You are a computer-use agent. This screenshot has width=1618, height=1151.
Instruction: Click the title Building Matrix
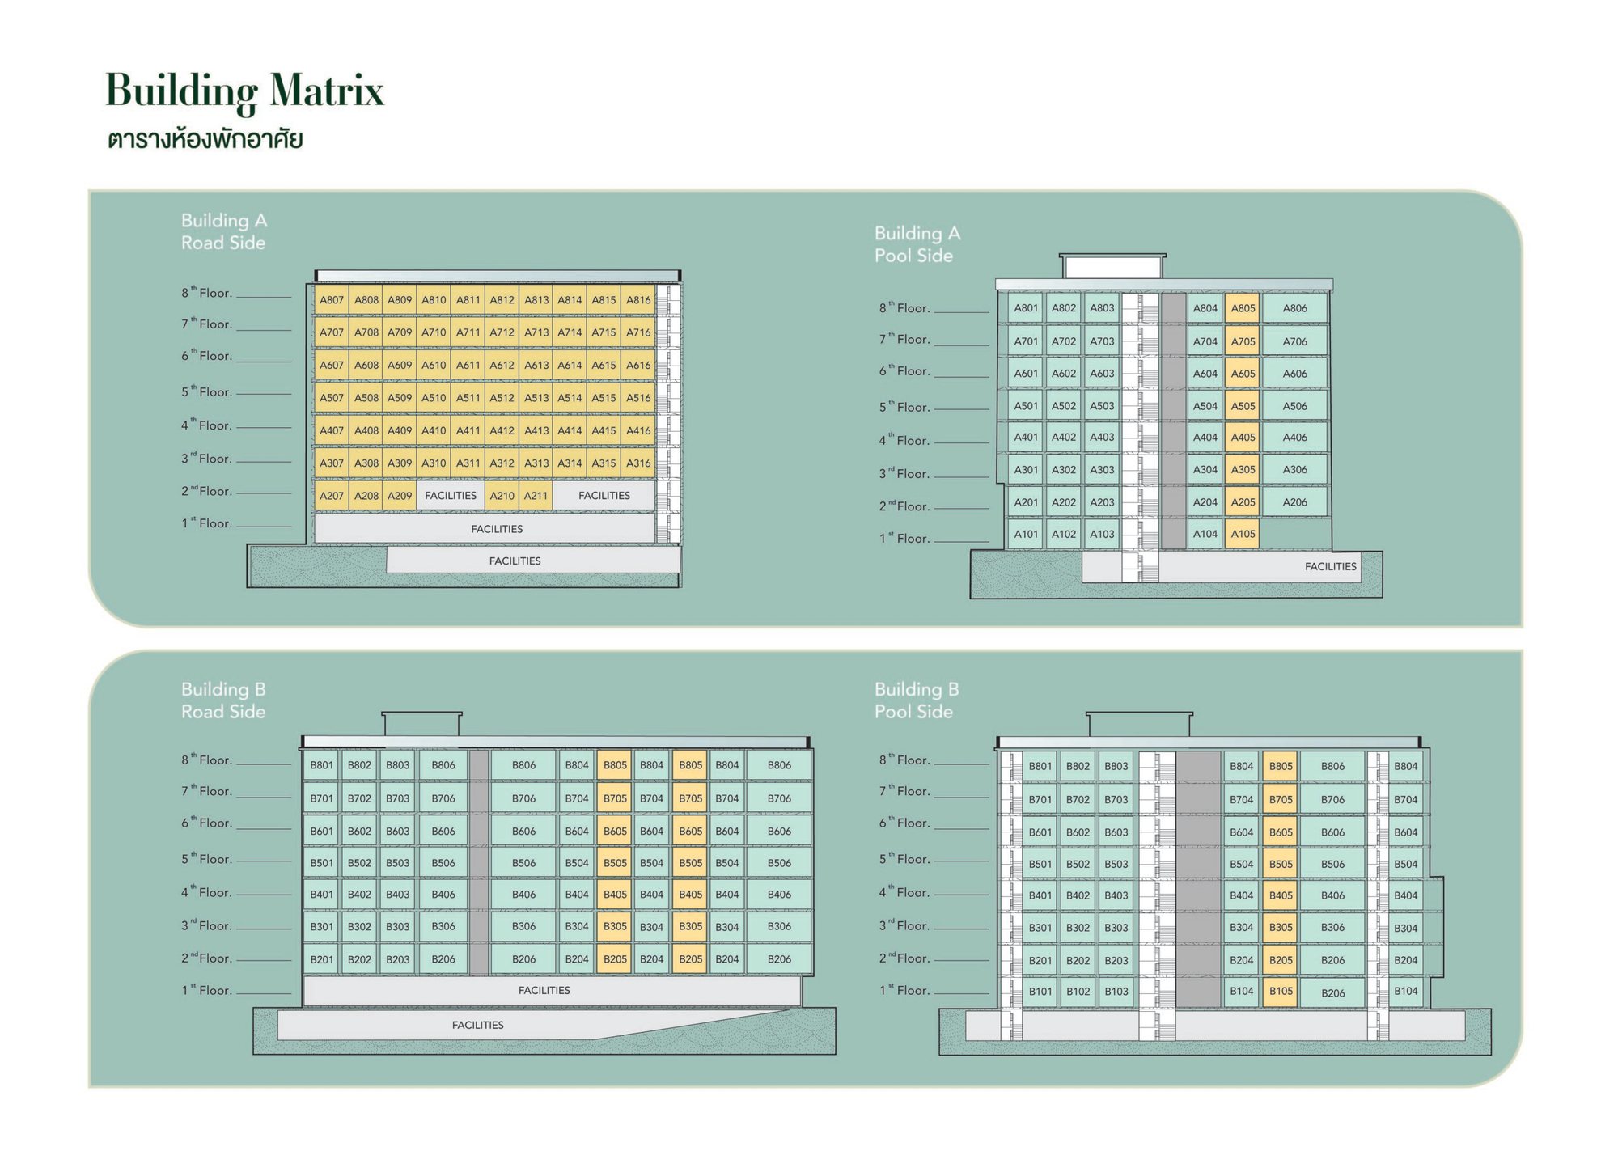pos(244,91)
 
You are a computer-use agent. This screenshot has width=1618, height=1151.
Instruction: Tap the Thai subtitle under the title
pos(205,139)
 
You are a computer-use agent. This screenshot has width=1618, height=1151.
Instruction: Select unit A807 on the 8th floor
pos(332,300)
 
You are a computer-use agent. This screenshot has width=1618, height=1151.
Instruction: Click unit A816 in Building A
pos(638,300)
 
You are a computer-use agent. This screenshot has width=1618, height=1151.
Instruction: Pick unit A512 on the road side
pos(502,398)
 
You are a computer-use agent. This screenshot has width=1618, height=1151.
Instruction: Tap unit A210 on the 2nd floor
pos(502,496)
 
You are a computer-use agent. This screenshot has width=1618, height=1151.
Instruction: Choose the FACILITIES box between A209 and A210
pos(451,496)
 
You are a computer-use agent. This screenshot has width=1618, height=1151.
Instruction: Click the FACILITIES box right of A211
pos(604,496)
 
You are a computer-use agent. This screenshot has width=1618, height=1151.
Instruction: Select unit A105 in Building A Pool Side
pos(1243,534)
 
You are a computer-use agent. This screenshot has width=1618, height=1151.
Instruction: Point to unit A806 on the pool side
pos(1294,308)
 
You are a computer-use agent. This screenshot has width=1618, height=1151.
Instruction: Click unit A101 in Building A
pos(1026,534)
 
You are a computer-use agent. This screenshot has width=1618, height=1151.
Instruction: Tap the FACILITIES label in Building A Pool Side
pos(1330,567)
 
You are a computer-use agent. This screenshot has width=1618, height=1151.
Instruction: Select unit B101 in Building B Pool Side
pos(1040,992)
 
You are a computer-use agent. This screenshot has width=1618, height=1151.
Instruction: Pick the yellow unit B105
pos(1281,992)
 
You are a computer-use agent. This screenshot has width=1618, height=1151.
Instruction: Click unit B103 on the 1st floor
pos(1116,992)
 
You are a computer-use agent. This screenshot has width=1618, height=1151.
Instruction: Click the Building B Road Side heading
pos(223,700)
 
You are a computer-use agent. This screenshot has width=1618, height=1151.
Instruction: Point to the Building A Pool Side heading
pos(917,244)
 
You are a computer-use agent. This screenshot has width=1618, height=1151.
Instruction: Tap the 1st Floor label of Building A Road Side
pos(207,523)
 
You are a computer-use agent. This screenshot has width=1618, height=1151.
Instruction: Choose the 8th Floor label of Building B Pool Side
pos(904,760)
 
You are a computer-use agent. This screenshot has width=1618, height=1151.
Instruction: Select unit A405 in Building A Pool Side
pos(1243,438)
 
